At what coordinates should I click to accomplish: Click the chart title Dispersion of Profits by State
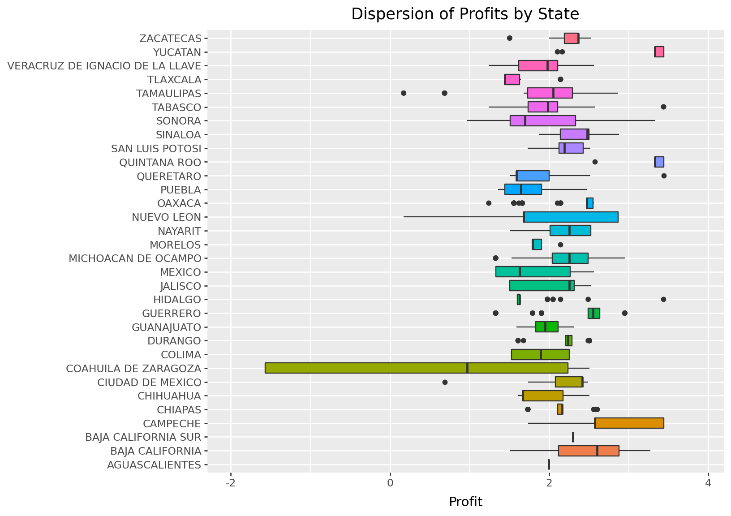click(x=465, y=14)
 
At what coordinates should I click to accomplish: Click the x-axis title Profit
click(x=465, y=502)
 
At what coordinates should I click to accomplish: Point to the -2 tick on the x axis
click(x=231, y=483)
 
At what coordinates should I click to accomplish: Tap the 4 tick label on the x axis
click(x=708, y=483)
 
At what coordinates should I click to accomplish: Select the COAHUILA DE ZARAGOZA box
click(x=416, y=368)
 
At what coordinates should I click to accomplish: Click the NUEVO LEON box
click(x=571, y=217)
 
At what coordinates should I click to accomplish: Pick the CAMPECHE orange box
click(x=629, y=423)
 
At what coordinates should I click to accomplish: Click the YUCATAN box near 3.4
click(x=659, y=52)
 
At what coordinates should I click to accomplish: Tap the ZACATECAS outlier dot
click(x=509, y=38)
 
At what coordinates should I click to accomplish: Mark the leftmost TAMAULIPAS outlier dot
click(x=403, y=93)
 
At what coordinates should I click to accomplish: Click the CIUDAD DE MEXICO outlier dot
click(x=445, y=383)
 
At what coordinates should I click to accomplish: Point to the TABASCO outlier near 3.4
click(x=663, y=107)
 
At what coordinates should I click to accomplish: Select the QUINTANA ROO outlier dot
click(x=595, y=162)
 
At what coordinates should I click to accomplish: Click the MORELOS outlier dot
click(x=560, y=245)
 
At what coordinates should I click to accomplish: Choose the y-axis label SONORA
click(x=179, y=121)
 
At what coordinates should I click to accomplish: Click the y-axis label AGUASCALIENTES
click(x=154, y=465)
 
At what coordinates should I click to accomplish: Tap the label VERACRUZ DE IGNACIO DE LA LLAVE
click(x=104, y=66)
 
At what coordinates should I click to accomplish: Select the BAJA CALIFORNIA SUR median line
click(x=573, y=437)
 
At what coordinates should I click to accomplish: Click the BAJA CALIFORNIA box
click(x=589, y=451)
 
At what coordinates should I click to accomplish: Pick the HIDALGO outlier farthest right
click(x=663, y=300)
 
